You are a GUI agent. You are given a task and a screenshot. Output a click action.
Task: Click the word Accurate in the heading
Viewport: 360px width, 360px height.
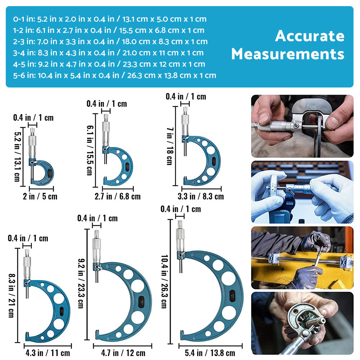[x=310, y=36]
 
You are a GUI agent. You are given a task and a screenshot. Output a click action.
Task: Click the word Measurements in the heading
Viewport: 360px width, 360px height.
[x=288, y=54]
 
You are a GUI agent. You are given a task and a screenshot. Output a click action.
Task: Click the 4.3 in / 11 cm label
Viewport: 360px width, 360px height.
[x=48, y=353]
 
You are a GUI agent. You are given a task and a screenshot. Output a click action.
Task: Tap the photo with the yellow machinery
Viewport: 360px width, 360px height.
[x=302, y=257]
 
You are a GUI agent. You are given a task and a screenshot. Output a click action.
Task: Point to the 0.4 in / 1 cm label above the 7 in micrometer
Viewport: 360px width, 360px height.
[x=186, y=96]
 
